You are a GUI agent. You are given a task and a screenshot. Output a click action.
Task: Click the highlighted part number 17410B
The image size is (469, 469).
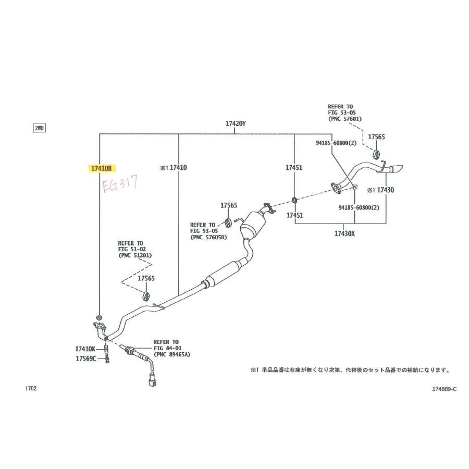101,169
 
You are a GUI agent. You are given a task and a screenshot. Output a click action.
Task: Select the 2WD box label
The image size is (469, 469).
39,128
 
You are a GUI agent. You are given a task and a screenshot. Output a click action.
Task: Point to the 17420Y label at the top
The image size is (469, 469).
236,124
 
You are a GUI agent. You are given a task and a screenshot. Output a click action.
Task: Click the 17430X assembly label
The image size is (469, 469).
344,233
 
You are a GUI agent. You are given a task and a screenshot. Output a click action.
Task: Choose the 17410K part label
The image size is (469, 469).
85,349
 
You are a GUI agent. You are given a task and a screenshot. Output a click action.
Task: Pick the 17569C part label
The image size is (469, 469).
86,359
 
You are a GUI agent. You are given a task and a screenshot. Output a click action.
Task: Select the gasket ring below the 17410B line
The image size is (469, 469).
98,317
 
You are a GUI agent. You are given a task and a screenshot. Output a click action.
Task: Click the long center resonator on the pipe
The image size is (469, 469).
224,274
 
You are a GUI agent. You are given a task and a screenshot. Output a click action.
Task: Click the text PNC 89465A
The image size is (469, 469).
174,354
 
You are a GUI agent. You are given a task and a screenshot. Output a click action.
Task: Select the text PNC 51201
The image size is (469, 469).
135,255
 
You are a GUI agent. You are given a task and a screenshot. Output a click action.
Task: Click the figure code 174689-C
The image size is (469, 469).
445,389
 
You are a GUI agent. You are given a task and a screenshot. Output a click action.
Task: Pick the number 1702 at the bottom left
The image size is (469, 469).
31,389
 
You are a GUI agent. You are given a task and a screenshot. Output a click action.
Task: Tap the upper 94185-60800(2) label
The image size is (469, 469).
336,143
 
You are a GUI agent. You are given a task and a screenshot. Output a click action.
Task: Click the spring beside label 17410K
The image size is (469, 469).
106,349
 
